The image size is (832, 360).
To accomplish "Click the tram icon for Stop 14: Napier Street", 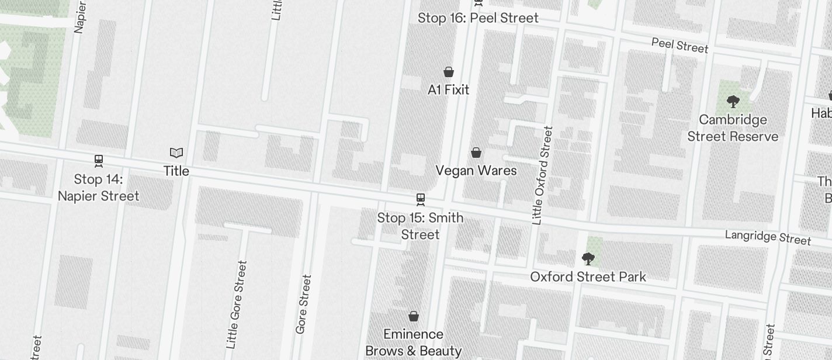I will click(99, 161).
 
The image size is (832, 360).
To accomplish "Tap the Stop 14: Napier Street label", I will click(98, 188).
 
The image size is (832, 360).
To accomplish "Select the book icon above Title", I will click(176, 153).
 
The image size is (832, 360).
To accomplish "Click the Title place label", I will click(176, 171).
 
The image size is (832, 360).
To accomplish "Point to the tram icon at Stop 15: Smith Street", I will click(420, 199).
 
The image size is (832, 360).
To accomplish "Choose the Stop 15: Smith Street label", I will click(420, 226).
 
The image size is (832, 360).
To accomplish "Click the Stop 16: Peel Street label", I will click(478, 18).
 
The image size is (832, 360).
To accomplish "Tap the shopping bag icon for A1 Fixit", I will click(449, 72).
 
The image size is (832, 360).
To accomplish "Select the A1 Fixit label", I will click(449, 89).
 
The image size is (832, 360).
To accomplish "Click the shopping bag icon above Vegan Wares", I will click(476, 153).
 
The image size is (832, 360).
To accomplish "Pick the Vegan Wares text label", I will click(476, 171).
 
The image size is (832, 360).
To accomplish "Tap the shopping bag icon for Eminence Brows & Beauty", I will click(414, 316).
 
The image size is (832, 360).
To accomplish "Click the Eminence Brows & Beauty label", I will click(414, 342).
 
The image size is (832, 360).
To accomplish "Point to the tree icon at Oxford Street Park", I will click(588, 258).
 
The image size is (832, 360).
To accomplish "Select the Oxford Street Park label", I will click(588, 276).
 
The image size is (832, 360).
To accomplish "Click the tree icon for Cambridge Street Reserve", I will click(733, 102).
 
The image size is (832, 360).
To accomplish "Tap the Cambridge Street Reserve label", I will click(733, 128).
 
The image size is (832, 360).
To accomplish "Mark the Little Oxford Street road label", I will click(542, 175).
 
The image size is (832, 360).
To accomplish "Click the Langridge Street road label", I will click(768, 237).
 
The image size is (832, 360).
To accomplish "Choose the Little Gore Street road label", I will click(237, 304).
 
